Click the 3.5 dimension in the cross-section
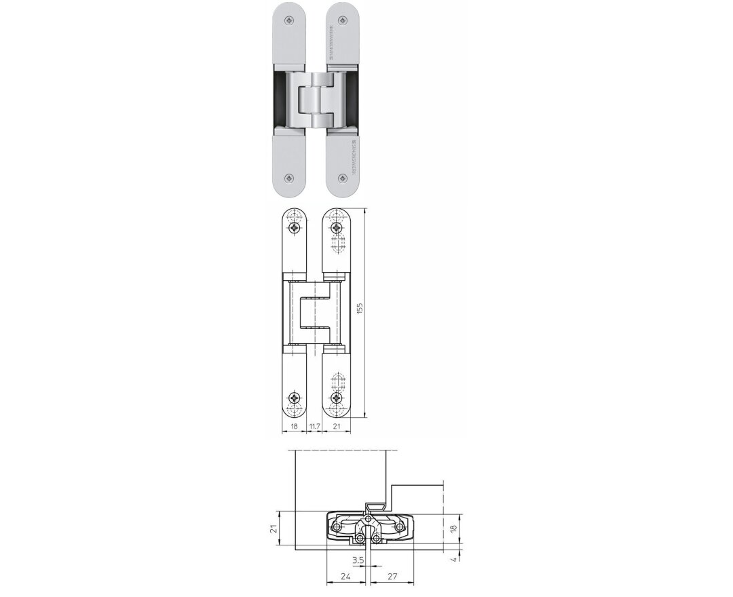pos(358,560)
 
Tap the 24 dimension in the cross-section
pos(345,577)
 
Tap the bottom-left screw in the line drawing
pos(295,397)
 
